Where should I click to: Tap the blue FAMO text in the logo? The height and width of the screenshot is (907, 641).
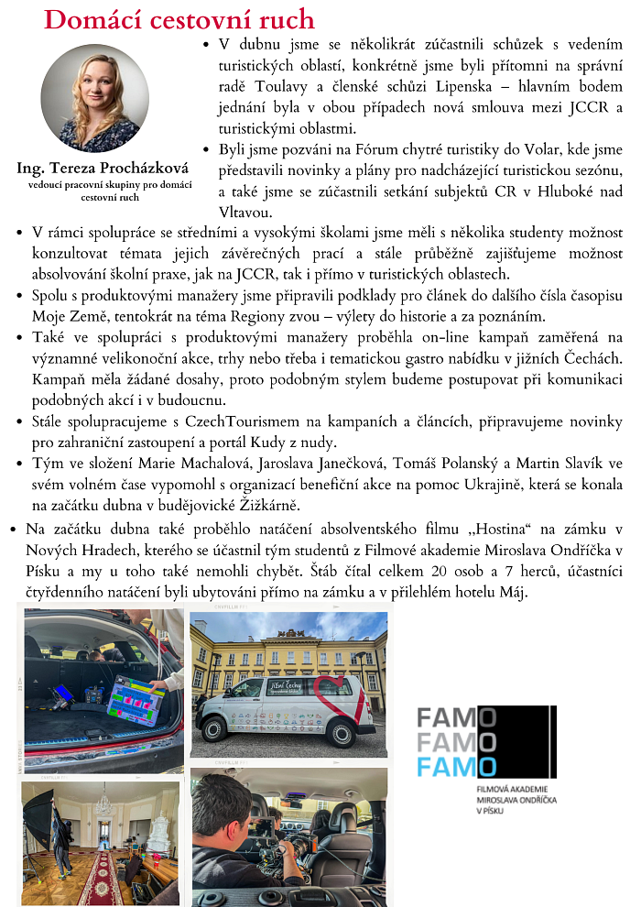pos(456,766)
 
